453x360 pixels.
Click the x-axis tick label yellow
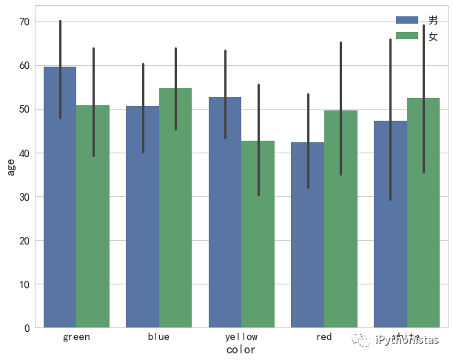(241, 337)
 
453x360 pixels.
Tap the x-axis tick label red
(323, 337)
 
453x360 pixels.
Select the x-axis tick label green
(77, 337)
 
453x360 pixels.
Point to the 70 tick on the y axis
(24, 22)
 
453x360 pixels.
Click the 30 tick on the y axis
(24, 197)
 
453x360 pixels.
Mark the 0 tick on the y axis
(27, 328)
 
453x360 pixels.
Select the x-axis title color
(241, 350)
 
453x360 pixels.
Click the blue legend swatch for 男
(408, 21)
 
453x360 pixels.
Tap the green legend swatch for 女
(408, 36)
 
